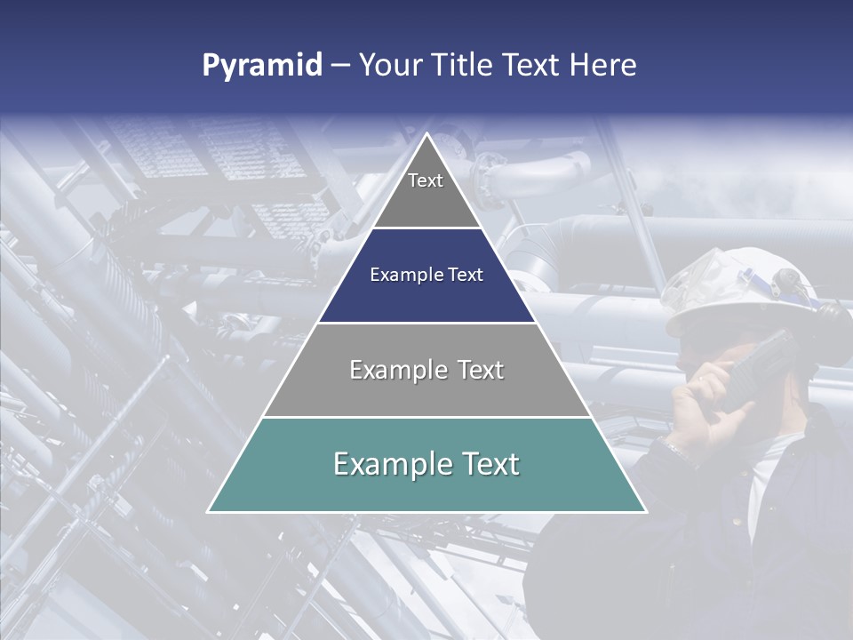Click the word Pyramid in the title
262,66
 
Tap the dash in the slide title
340,66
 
